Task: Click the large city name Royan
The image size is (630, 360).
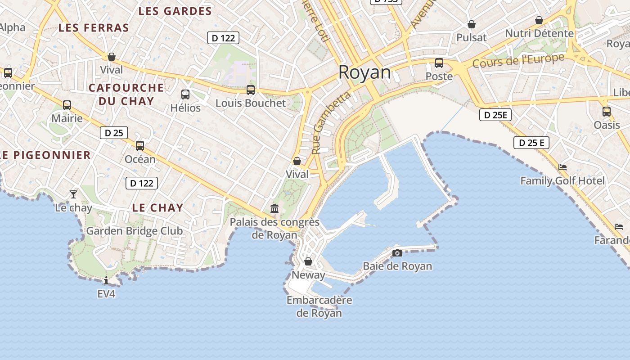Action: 364,72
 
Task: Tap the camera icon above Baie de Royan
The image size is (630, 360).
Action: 397,253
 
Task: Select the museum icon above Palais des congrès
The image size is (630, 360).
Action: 274,208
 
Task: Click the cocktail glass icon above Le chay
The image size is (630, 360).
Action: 73,194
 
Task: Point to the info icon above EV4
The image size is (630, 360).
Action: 106,281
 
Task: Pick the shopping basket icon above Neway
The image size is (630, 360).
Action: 308,261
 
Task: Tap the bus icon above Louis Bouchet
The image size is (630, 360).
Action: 251,90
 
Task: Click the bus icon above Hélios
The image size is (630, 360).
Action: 185,94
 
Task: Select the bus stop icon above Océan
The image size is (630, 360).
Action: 140,146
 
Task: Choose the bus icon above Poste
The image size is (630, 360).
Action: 439,63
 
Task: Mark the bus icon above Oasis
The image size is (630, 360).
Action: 607,111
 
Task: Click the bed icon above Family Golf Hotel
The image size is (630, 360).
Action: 562,167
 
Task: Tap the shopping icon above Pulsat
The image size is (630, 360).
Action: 472,24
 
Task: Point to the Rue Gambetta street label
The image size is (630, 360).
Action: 330,122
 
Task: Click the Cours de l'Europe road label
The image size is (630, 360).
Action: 518,61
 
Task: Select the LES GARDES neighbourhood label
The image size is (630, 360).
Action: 175,11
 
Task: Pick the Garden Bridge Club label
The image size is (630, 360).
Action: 135,231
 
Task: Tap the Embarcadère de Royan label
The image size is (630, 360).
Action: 319,306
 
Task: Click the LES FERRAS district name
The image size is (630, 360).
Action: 94,28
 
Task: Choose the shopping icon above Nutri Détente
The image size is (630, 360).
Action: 539,20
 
